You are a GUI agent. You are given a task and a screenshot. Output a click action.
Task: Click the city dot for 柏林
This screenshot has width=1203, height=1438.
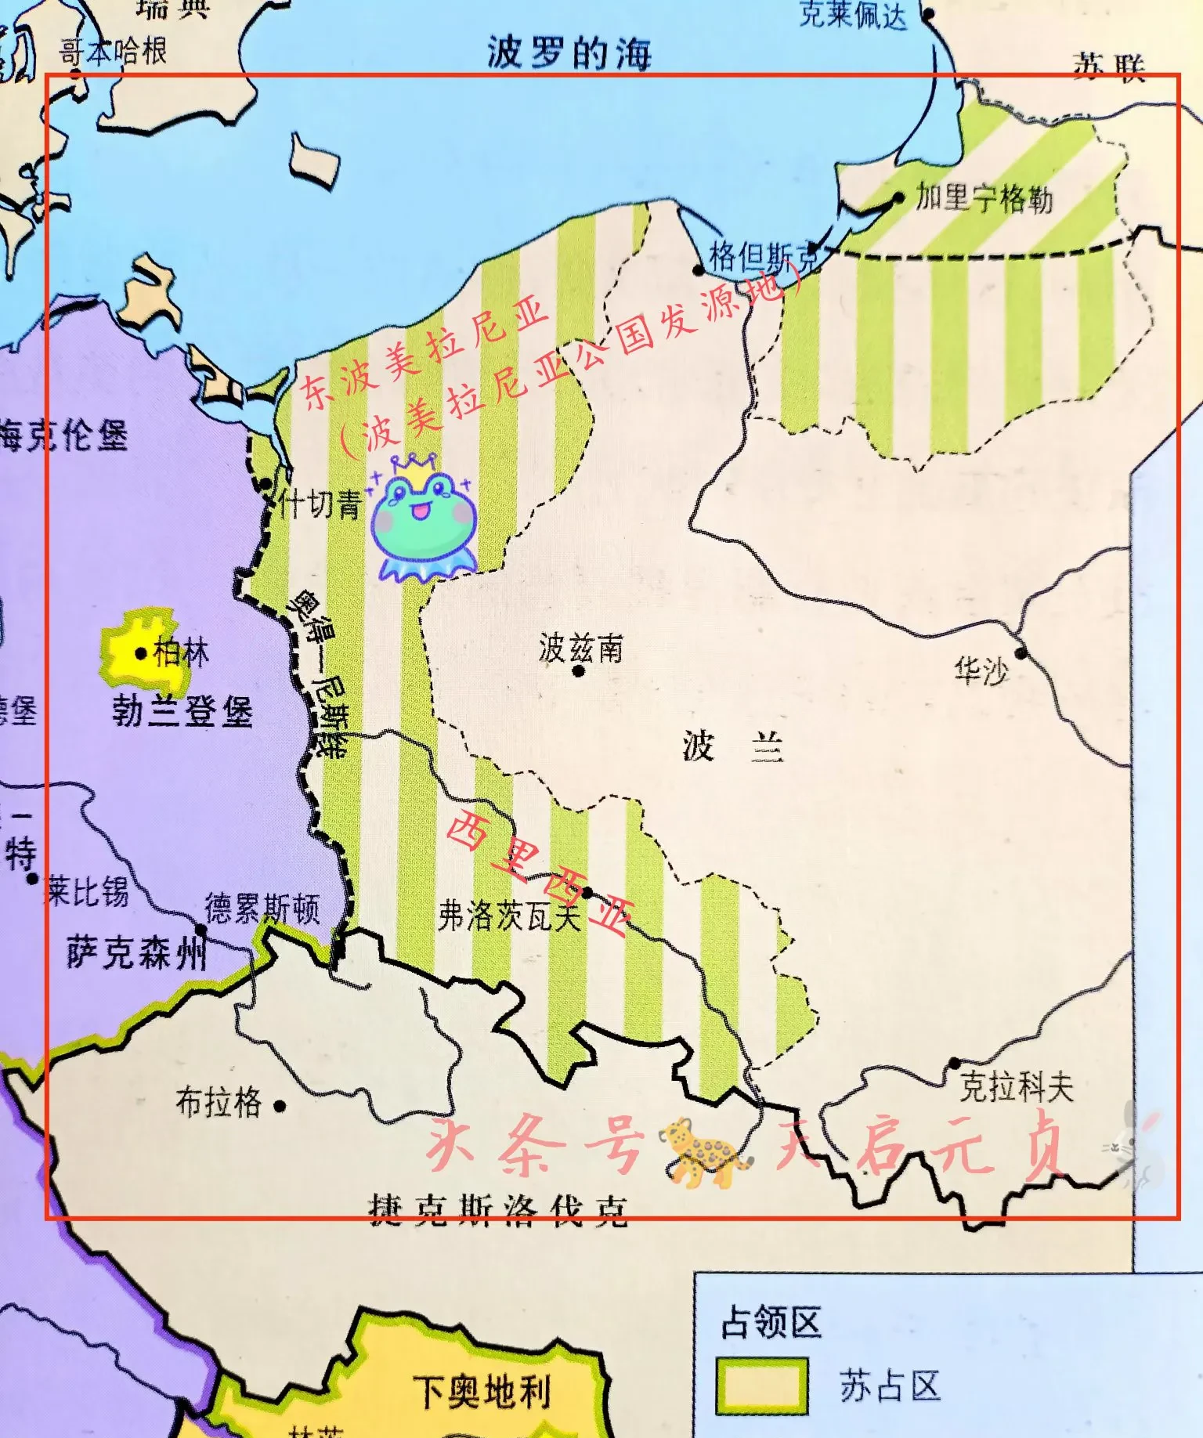(x=141, y=652)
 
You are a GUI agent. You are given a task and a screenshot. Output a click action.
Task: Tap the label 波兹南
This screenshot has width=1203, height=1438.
(x=580, y=648)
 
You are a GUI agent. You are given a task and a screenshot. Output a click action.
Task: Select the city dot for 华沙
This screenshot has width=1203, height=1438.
(x=1021, y=652)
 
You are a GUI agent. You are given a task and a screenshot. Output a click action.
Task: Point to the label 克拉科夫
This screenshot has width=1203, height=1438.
(x=1016, y=1086)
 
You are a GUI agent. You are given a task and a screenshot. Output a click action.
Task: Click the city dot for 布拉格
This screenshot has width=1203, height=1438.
(x=280, y=1106)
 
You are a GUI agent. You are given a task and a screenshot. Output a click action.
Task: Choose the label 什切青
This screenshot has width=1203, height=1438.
(x=320, y=504)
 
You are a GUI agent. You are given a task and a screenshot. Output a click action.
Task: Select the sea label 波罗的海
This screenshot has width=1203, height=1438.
(x=569, y=53)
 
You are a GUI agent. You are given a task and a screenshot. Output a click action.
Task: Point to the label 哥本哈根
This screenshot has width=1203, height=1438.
(x=114, y=52)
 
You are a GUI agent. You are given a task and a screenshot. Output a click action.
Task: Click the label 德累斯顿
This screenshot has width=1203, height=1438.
(x=262, y=909)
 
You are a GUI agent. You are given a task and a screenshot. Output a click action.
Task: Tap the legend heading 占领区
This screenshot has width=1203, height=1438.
(x=771, y=1323)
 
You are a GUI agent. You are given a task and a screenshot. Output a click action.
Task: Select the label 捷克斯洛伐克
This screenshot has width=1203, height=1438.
(x=498, y=1211)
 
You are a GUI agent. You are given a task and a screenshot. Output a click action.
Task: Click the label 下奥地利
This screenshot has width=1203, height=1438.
(x=482, y=1392)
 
